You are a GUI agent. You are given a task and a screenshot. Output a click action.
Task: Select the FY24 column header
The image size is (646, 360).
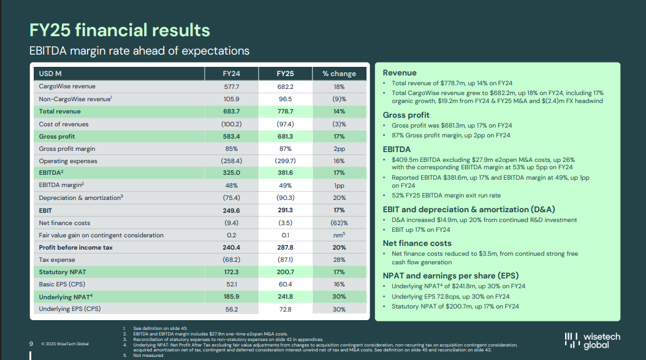[x=231, y=74]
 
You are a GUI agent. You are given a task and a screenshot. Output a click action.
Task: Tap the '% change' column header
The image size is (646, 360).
[x=338, y=74]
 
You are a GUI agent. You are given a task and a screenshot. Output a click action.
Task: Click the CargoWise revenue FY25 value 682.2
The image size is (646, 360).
[x=285, y=86]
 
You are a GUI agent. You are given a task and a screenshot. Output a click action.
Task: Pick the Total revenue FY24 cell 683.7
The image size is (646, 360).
[x=231, y=112]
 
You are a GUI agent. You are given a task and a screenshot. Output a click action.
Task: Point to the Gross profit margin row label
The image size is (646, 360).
[x=67, y=148]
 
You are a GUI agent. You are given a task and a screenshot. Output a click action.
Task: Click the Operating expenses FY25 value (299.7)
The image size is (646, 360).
[x=285, y=161]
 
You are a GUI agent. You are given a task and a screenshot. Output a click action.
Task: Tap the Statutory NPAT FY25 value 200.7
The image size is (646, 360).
[x=285, y=272]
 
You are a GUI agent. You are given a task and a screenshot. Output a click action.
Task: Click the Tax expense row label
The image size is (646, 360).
[x=56, y=259]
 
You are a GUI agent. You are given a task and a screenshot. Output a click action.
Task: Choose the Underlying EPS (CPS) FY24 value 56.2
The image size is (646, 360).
[x=231, y=309]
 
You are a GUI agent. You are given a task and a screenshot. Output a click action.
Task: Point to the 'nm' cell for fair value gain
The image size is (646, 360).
[x=338, y=235]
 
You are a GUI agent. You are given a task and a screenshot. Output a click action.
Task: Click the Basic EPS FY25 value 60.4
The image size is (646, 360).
[x=285, y=285]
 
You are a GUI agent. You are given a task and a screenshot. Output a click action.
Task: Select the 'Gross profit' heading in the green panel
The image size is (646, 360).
[x=406, y=115]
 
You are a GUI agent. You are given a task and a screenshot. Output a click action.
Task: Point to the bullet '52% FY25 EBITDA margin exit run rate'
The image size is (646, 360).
[x=444, y=195]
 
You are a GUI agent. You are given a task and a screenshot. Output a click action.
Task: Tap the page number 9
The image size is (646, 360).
[x=31, y=343]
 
